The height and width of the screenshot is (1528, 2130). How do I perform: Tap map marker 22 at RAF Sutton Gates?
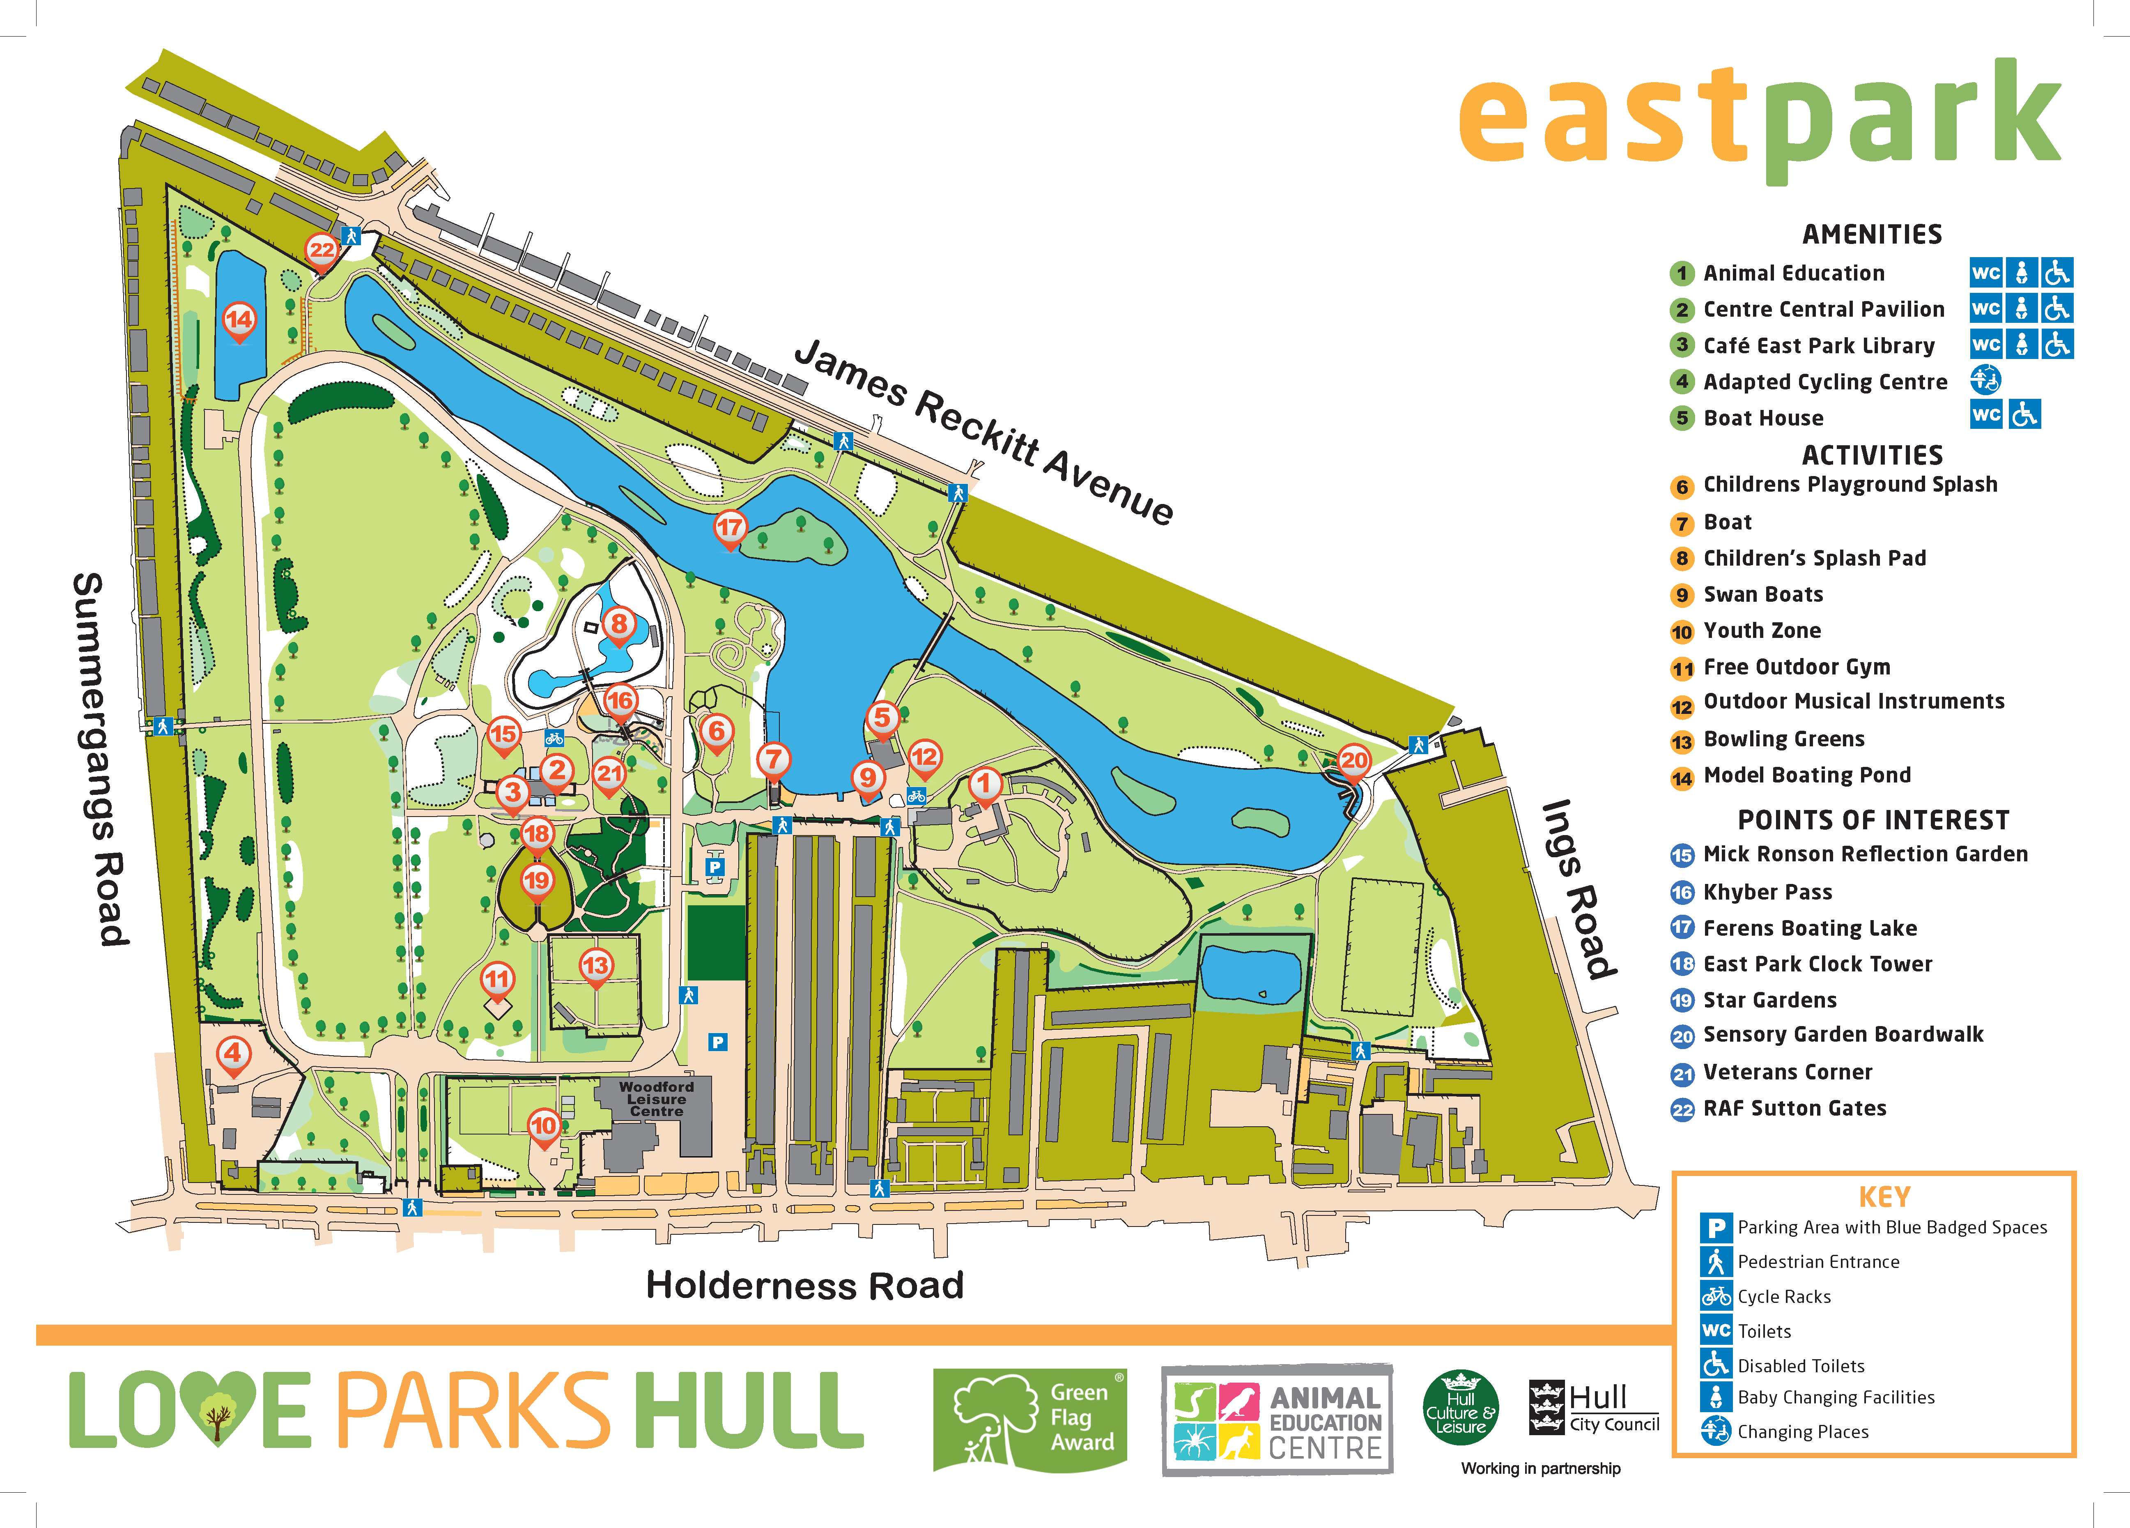coord(321,250)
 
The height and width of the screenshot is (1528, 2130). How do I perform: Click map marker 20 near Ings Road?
coord(1353,761)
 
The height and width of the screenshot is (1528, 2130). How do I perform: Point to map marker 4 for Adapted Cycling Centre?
coord(233,1053)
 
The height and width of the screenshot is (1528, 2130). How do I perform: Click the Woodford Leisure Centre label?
coord(657,1099)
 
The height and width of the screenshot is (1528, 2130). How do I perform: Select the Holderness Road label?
coord(805,1285)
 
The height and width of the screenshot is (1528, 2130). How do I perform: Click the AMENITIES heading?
coord(1872,234)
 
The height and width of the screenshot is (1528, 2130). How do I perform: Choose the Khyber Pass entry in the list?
coord(1767,892)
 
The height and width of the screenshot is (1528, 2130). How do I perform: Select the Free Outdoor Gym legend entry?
coord(1796,667)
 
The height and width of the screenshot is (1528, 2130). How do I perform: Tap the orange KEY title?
coord(1884,1197)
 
